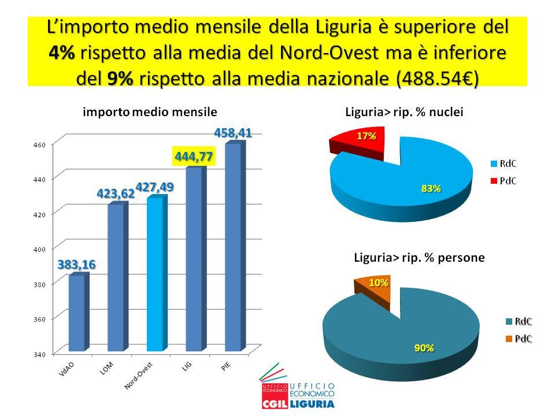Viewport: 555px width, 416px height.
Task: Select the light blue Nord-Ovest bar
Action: coord(155,274)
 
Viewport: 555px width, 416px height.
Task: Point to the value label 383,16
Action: coord(76,264)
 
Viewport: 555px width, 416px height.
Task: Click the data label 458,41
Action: coord(233,133)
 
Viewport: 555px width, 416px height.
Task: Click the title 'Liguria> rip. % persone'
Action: coord(419,258)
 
